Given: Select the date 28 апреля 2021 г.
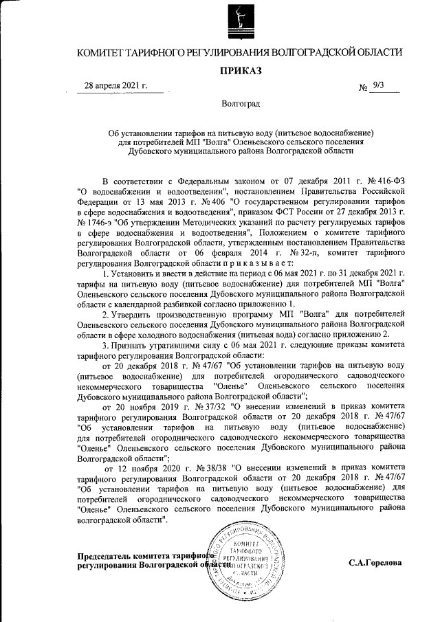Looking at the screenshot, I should (x=115, y=87).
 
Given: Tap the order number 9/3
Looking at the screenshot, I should (x=377, y=86).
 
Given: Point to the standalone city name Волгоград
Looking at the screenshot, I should (x=241, y=104).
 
